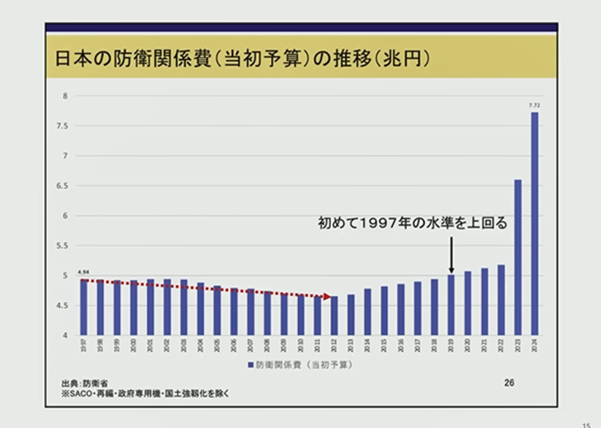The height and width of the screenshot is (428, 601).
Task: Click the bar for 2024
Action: [534, 224]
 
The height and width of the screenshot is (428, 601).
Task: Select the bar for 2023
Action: [518, 257]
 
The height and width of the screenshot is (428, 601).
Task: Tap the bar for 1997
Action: [83, 307]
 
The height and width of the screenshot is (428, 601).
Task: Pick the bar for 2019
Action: [451, 305]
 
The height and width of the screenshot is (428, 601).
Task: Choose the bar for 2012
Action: [334, 316]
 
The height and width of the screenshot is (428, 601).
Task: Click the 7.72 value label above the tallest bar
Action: [534, 104]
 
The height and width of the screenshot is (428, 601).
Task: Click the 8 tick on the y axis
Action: [65, 96]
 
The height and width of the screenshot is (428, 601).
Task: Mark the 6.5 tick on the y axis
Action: [62, 186]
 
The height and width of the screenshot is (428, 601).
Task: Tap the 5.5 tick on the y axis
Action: [62, 246]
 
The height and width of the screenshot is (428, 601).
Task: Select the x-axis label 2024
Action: [534, 344]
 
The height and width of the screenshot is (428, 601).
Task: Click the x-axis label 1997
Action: [83, 344]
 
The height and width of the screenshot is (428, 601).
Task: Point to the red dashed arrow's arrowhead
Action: [328, 297]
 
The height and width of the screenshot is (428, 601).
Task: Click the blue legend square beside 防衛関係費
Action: [249, 365]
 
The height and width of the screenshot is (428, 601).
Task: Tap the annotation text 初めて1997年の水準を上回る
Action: [411, 224]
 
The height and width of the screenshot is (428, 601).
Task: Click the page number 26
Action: [509, 382]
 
